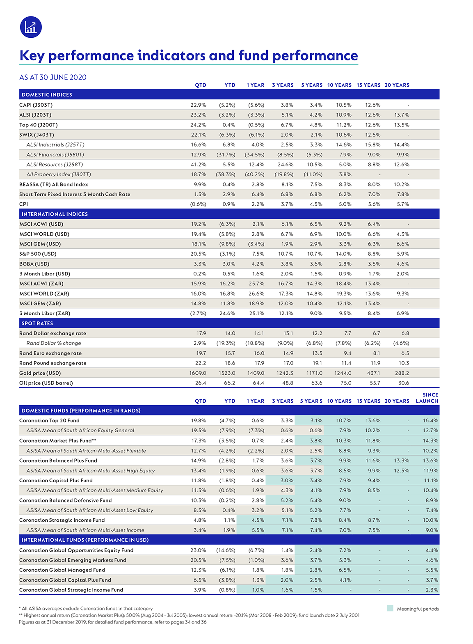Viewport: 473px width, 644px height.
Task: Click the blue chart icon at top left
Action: pyautogui.click(x=31, y=27)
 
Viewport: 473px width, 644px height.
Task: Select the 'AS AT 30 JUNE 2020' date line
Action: pyautogui.click(x=53, y=77)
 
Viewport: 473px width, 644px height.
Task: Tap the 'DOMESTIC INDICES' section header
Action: pyautogui.click(x=47, y=95)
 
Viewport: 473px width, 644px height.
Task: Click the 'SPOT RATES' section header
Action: pyautogui.click(x=37, y=323)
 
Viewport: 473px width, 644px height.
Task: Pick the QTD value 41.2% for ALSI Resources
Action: pyautogui.click(x=198, y=165)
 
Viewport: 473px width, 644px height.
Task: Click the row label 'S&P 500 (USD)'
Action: pyautogui.click(x=38, y=254)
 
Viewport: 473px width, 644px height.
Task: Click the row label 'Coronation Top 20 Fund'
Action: pyautogui.click(x=49, y=421)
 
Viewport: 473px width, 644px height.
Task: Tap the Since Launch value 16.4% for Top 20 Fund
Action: pyautogui.click(x=430, y=421)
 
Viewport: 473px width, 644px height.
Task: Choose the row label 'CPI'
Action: pyautogui.click(x=24, y=204)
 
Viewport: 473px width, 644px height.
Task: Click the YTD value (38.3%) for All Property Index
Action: pyautogui.click(x=226, y=174)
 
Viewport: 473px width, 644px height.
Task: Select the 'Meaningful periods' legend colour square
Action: pyautogui.click(x=390, y=608)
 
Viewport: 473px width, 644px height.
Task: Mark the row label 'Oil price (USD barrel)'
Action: pyautogui.click(x=46, y=383)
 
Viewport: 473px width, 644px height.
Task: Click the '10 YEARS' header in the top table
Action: pyautogui.click(x=339, y=85)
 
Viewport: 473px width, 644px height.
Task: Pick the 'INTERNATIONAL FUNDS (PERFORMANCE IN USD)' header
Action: pyautogui.click(x=85, y=540)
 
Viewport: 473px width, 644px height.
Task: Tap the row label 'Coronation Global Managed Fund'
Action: pyautogui.click(x=62, y=570)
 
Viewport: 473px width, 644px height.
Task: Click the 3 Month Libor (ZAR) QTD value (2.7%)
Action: pyautogui.click(x=198, y=314)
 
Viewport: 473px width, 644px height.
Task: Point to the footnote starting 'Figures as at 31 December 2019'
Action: pyautogui.click(x=112, y=622)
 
